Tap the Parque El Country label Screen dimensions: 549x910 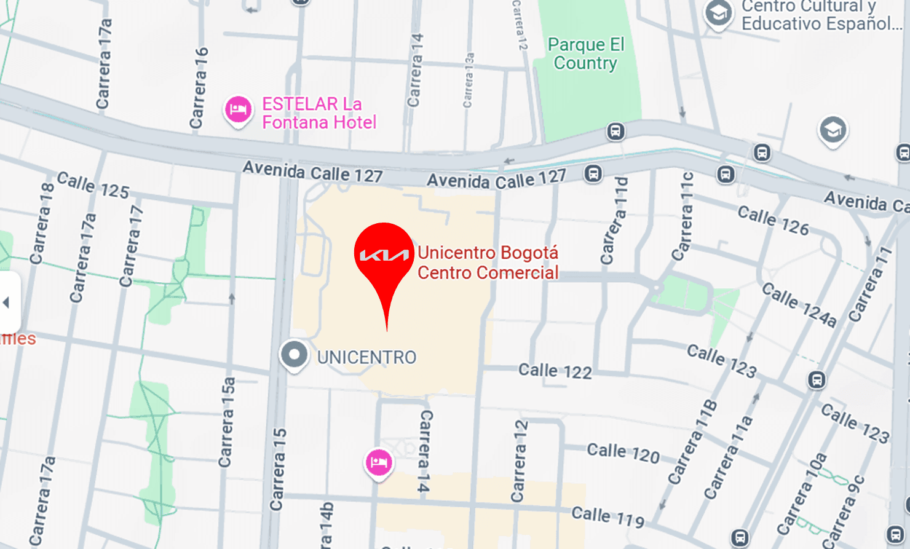click(x=585, y=53)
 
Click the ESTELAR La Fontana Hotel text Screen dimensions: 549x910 click(x=318, y=113)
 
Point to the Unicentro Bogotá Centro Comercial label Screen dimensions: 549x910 click(x=488, y=263)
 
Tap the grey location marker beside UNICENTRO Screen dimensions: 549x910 click(x=294, y=355)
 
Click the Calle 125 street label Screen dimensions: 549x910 click(x=93, y=186)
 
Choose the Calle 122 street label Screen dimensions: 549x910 click(x=555, y=370)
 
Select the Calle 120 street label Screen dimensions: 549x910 click(x=623, y=452)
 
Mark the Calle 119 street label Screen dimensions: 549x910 click(x=607, y=516)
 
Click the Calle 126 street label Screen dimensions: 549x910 click(x=773, y=221)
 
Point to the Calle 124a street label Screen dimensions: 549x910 click(x=799, y=304)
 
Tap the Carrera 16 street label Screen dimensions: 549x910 click(x=199, y=88)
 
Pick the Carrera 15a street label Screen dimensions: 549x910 click(x=227, y=422)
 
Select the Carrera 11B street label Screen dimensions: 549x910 click(x=692, y=441)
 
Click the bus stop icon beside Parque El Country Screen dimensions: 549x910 click(x=615, y=131)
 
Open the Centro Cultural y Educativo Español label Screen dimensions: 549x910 click(x=821, y=16)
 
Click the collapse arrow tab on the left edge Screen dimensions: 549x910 click(x=7, y=302)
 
